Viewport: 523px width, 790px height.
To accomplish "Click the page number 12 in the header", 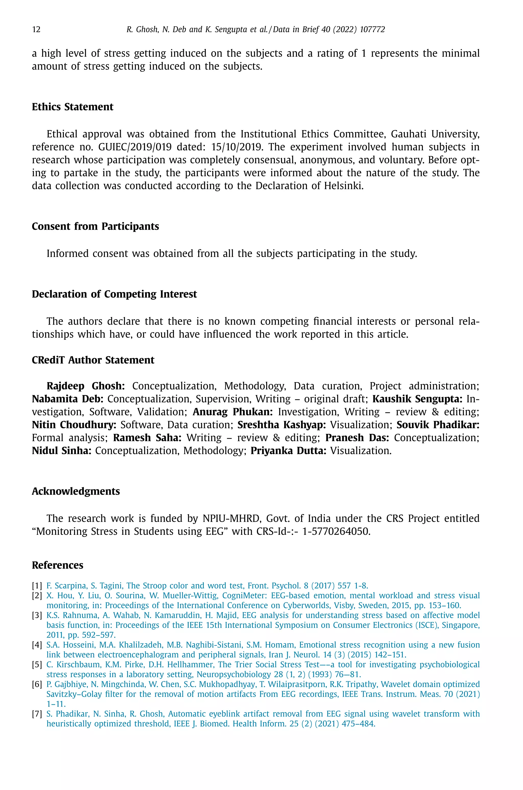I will coord(36,30).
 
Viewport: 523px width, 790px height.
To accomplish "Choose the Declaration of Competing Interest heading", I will coord(114,294).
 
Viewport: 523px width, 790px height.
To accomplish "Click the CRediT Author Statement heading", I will coord(93,360).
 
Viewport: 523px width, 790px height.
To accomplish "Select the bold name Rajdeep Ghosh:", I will coord(85,386).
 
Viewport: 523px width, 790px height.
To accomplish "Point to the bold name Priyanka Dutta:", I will coord(288,451).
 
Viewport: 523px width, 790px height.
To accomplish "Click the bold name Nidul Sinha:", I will coord(62,451).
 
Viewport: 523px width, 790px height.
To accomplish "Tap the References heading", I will coord(57,565).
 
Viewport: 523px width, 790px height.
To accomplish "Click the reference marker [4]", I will coord(37,645).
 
